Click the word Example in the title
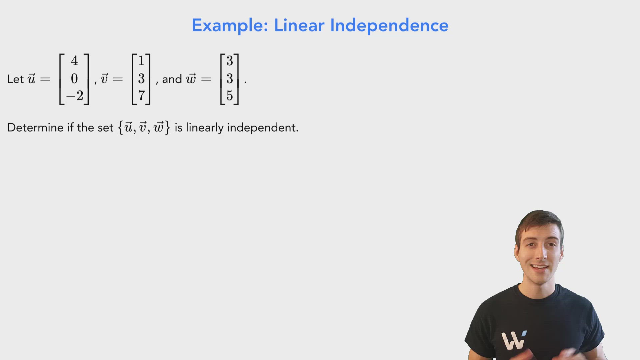click(230, 26)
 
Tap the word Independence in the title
click(389, 26)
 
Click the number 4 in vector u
click(74, 61)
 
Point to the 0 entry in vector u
click(74, 79)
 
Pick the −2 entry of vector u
click(75, 96)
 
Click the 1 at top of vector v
click(141, 61)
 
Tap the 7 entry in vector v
click(141, 96)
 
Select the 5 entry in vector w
click(230, 96)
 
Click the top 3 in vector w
click(230, 61)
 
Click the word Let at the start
click(15, 79)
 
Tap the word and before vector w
click(172, 79)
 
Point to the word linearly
click(204, 128)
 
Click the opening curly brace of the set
click(120, 128)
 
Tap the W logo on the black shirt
click(514, 340)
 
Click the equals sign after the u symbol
click(45, 79)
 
